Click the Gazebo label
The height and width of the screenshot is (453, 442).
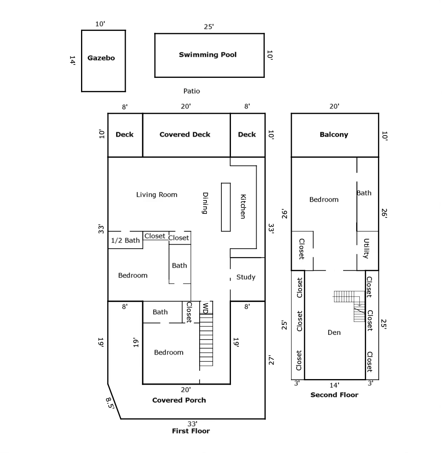pos(101,58)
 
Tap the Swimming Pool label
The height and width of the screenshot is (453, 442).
pos(208,55)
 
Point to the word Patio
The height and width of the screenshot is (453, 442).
pos(192,91)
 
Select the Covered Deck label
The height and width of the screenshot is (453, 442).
pos(185,135)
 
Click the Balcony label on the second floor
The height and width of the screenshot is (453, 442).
pos(334,135)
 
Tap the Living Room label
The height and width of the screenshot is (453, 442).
pos(157,194)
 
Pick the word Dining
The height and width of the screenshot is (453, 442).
pos(205,203)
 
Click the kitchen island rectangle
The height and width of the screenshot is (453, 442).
pos(226,207)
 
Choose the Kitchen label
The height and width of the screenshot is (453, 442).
pos(243,206)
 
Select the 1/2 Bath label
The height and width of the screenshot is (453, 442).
pos(125,240)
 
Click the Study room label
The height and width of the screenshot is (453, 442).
pos(246,277)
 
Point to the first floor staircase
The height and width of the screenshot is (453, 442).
pos(206,340)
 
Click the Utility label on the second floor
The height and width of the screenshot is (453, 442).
pos(366,249)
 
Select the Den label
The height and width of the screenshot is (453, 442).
pos(334,332)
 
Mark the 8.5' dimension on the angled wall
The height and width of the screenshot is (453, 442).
pos(110,404)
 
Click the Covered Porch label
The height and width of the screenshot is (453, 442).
pos(179,400)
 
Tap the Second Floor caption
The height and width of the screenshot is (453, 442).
pos(334,395)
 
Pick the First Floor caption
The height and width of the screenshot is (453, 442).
pos(191,431)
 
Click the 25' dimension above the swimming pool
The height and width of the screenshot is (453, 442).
pos(209,27)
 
